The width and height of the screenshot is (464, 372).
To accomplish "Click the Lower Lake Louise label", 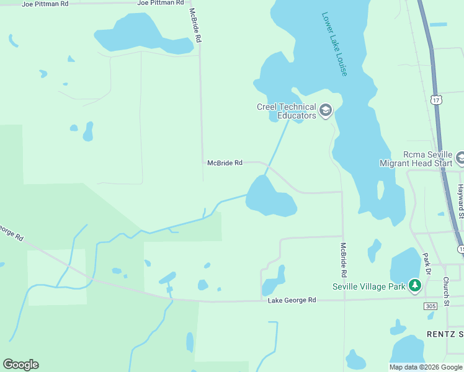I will pyautogui.click(x=334, y=44).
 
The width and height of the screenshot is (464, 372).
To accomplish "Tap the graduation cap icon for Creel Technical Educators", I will pyautogui.click(x=326, y=111).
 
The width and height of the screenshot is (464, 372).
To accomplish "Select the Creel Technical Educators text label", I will pyautogui.click(x=287, y=111).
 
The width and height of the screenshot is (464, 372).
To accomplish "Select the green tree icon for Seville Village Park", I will pyautogui.click(x=415, y=286).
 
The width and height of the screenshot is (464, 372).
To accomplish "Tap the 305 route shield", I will pyautogui.click(x=431, y=306).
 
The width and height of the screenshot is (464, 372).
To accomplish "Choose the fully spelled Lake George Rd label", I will pyautogui.click(x=292, y=301).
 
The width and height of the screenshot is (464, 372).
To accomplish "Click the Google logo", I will pyautogui.click(x=20, y=365).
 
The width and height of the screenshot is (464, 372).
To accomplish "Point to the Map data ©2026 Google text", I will pyautogui.click(x=426, y=367).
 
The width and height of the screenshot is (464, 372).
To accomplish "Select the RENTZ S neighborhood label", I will pyautogui.click(x=445, y=334).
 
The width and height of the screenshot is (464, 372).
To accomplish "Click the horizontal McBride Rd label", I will pyautogui.click(x=225, y=163).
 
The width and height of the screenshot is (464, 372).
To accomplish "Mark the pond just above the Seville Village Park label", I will pyautogui.click(x=406, y=265).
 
